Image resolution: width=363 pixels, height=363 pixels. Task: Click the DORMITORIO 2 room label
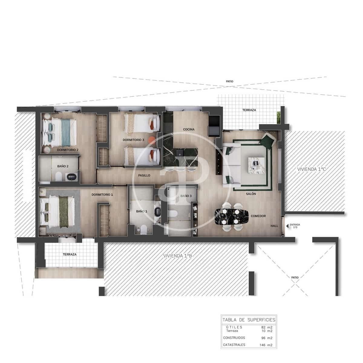coord(68,150)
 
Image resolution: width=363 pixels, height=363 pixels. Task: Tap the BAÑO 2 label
coord(63,166)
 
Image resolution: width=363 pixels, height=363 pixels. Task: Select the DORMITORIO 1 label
coord(102,195)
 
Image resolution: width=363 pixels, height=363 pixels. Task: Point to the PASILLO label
coord(144,175)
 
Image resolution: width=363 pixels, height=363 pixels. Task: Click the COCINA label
coord(189,129)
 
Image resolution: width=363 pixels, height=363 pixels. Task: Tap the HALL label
coord(274,226)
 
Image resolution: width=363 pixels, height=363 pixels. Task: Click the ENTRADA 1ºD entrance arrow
coord(287,226)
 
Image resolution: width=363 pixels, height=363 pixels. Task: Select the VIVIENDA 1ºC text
coord(312,169)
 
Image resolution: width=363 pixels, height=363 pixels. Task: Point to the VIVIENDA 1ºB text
coord(178,256)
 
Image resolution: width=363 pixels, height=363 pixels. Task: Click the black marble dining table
coord(231,217)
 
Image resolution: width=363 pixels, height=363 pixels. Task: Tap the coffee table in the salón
coord(256,165)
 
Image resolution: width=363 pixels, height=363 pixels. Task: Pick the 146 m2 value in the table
coord(266,345)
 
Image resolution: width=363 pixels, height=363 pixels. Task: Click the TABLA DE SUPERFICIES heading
coord(249,320)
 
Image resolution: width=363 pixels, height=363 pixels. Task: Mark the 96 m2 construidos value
coord(267,338)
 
